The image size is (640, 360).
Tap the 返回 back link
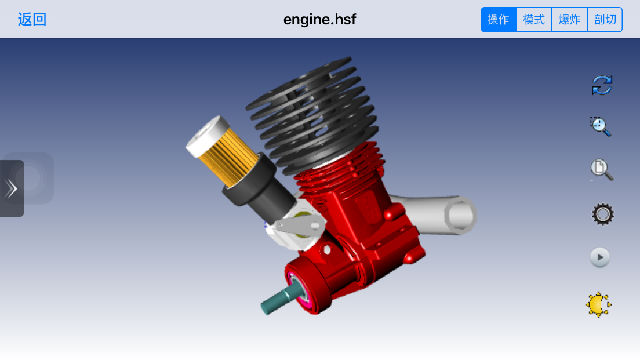32,19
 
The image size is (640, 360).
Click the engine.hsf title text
320,19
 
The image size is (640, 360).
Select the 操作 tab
499,19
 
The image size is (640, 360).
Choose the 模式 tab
534,19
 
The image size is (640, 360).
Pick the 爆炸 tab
569,19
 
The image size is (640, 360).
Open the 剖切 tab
605,19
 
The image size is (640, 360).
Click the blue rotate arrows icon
602,85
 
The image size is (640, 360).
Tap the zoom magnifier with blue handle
600,127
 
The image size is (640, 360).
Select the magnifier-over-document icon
602,169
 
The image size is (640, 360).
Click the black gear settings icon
602,214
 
